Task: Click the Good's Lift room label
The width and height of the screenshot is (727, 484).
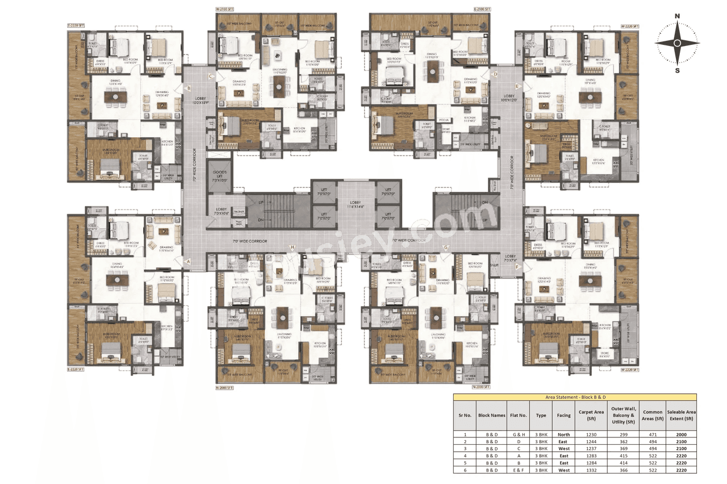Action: point(220,176)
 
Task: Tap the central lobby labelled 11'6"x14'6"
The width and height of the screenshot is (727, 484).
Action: point(356,205)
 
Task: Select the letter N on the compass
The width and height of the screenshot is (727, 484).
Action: point(677,16)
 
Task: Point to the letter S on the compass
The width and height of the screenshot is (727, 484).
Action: point(677,70)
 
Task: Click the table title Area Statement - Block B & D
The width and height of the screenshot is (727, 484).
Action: point(575,398)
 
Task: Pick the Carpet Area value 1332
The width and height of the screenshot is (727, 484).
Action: point(591,470)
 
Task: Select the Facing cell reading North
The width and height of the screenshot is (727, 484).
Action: point(563,434)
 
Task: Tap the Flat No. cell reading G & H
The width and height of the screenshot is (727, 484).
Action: point(519,434)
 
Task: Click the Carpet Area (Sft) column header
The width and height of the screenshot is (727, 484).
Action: point(591,415)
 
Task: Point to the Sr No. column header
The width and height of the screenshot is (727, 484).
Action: point(465,415)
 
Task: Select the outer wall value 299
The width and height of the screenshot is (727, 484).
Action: point(623,434)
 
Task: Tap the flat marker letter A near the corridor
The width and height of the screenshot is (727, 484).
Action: point(188,262)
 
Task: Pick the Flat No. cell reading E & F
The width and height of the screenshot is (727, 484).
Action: point(519,470)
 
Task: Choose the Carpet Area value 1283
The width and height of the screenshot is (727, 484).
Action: point(591,456)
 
